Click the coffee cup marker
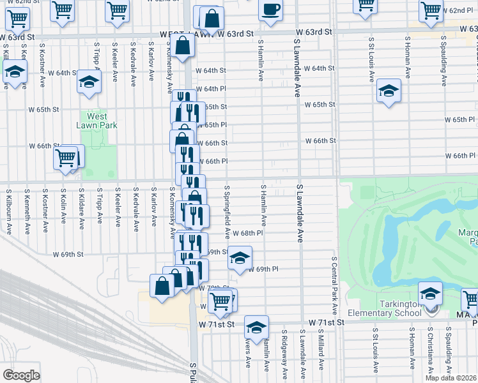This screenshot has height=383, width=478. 270,10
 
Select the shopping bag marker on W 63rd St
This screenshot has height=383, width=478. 183,47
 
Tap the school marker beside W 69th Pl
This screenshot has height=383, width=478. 240,259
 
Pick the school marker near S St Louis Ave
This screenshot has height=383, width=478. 388,91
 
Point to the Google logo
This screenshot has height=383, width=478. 21,375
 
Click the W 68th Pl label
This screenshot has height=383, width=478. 248,234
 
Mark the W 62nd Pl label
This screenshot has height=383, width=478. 459,11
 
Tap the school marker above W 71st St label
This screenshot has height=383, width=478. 256,327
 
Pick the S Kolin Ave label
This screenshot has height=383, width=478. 63,206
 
